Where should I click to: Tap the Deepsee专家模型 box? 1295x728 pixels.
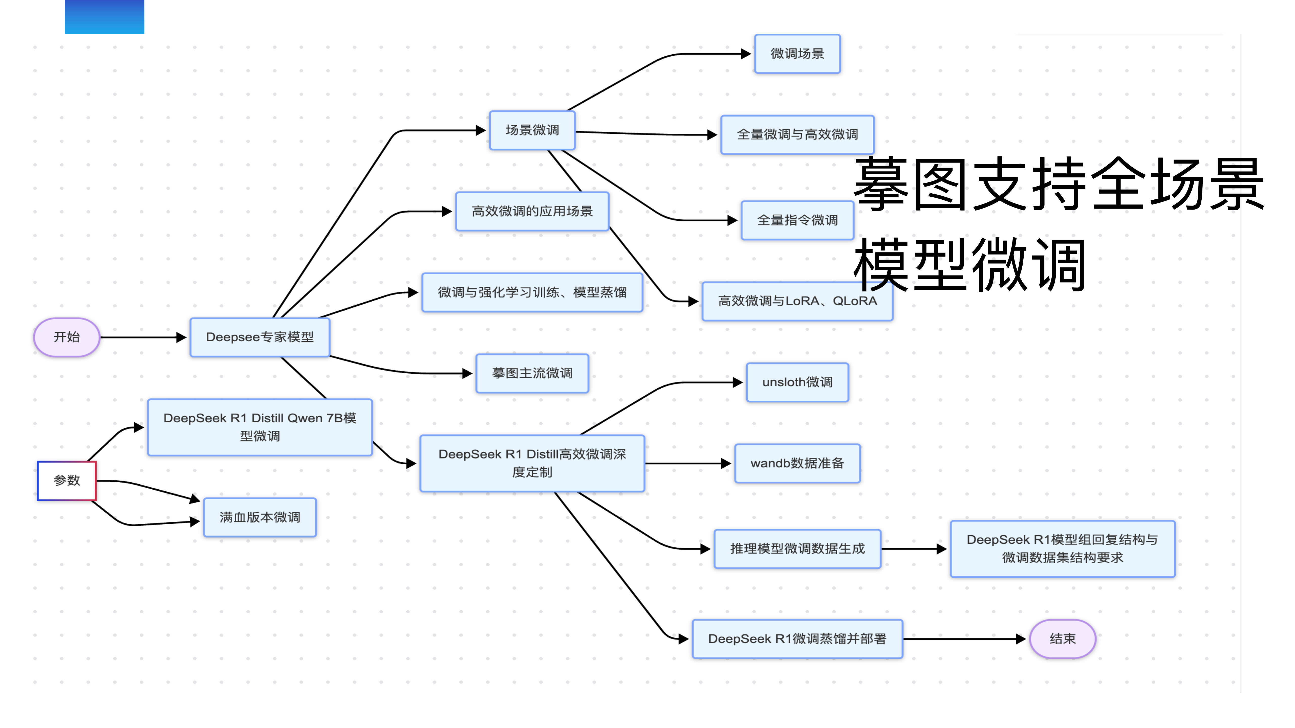tap(260, 337)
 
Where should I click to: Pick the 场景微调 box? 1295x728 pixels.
tap(532, 130)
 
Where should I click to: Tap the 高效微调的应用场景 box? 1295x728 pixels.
tap(532, 211)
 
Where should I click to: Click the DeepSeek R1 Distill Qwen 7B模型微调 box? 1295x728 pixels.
tap(260, 427)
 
